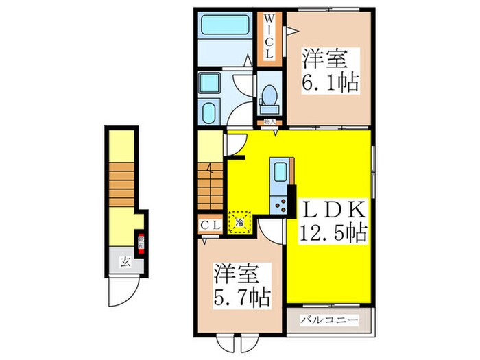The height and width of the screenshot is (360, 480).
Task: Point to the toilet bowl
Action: pyautogui.click(x=270, y=98)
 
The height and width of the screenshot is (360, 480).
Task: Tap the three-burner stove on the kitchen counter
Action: pyautogui.click(x=280, y=202)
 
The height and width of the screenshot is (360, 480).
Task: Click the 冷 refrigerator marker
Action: pyautogui.click(x=240, y=222)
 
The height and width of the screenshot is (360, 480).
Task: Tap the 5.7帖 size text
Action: pyautogui.click(x=240, y=296)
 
